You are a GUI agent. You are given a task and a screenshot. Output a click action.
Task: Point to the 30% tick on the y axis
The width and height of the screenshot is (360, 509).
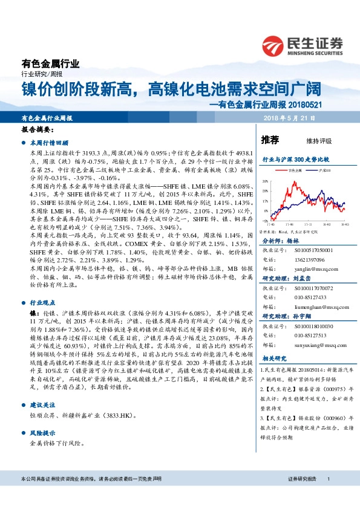point(264,181)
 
